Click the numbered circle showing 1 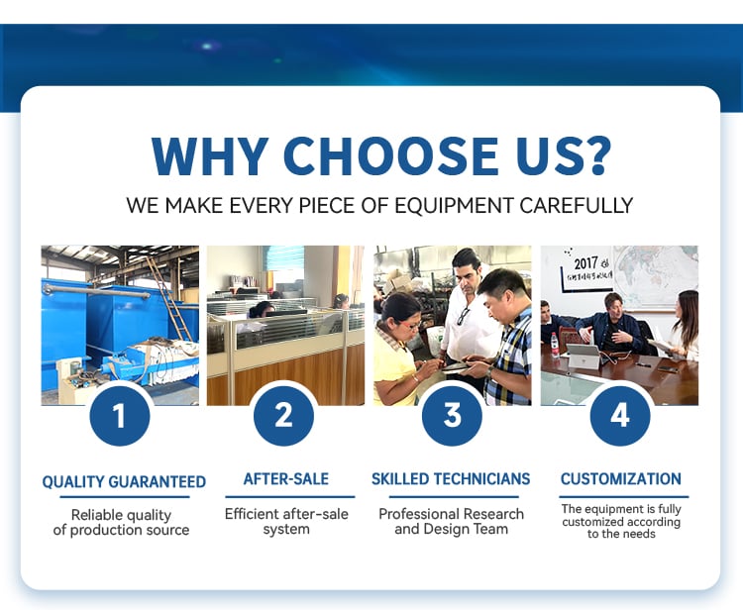(120, 416)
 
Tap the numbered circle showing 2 (284, 416)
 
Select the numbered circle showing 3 (452, 416)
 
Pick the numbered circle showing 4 (620, 416)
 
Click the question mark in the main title (596, 155)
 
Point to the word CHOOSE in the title (391, 156)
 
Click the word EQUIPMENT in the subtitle (454, 206)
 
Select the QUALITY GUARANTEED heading (124, 481)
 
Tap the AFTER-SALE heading (286, 479)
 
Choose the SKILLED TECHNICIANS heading (451, 479)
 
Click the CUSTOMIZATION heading (621, 479)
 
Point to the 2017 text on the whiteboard (586, 263)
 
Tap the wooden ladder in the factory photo (168, 298)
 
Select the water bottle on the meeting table (555, 345)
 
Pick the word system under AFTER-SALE (286, 529)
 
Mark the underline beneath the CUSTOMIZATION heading (623, 497)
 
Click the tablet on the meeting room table (584, 356)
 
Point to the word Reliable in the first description (95, 515)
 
